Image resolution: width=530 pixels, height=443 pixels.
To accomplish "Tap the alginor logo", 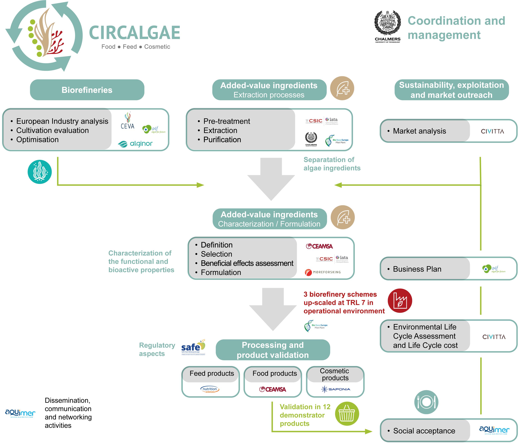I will click(135, 144).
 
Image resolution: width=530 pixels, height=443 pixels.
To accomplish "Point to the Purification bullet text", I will click(222, 139).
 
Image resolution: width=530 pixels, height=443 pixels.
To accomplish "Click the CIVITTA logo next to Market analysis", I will click(492, 131).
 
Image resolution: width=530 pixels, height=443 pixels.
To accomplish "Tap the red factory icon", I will click(400, 301).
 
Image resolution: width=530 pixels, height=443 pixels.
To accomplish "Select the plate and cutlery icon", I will click(426, 402).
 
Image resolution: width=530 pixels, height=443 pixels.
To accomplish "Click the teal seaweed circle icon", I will click(40, 172).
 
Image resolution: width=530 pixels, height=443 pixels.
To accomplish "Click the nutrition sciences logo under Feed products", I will click(210, 389).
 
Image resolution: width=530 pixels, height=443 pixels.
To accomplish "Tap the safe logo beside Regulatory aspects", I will click(193, 347).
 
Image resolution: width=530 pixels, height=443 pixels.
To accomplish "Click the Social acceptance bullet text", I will click(424, 431).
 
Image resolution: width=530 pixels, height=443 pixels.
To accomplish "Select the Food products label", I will click(275, 373).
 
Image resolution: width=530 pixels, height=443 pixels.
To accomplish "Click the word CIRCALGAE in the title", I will click(135, 33).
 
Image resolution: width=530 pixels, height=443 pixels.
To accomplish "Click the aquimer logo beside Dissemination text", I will click(20, 413).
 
